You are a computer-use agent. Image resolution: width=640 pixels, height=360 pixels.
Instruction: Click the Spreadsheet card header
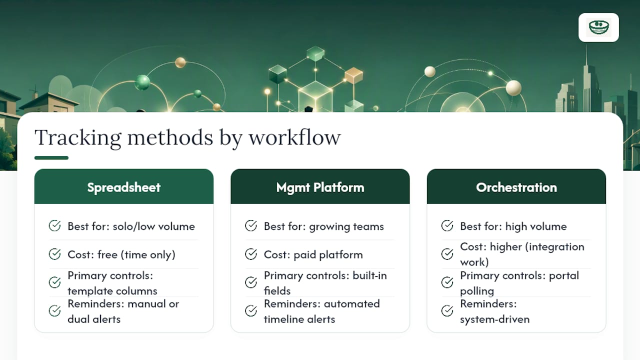pos(123,186)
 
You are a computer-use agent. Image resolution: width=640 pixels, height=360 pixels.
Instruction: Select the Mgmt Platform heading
pos(320,187)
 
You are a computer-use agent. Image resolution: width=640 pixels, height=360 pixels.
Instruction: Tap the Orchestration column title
pos(516,187)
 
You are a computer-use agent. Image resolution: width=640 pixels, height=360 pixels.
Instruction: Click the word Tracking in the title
pos(78,137)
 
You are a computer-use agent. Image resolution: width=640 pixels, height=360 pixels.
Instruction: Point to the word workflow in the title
pos(295,137)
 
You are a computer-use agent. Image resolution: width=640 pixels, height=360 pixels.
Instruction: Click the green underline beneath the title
pos(51,157)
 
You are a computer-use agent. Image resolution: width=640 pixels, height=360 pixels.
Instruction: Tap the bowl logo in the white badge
pos(599,27)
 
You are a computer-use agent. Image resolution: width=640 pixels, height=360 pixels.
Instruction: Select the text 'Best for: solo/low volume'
pos(131,226)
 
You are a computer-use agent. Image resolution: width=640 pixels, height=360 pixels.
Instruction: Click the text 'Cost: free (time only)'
pos(121,254)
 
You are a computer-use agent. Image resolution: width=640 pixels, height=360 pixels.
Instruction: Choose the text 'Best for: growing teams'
pos(323,226)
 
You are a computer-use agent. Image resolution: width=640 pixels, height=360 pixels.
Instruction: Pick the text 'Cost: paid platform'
pos(313,254)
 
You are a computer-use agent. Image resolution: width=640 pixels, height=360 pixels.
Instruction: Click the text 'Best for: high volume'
pos(513,226)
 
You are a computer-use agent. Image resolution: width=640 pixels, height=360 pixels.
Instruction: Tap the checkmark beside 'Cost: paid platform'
pos(251,254)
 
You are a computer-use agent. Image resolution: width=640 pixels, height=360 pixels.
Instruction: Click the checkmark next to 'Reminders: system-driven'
pos(447,311)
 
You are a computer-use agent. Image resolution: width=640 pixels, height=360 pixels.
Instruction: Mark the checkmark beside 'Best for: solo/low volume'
pos(54,225)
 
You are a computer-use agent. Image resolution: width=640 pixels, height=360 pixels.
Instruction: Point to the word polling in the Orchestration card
pos(477,291)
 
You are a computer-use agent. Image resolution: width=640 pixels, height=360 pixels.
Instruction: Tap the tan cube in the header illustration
pos(353,75)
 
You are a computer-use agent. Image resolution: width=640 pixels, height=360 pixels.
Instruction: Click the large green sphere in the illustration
pos(142,82)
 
